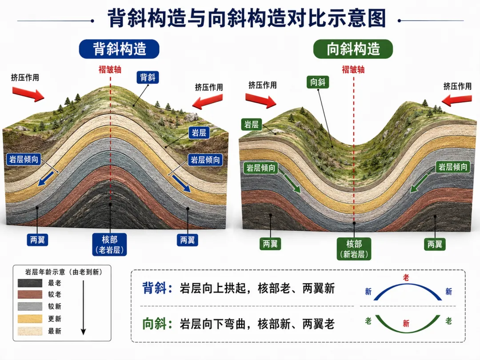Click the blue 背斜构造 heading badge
(x=119, y=49)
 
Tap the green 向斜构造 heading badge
(x=353, y=49)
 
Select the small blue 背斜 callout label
(x=148, y=77)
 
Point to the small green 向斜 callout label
(x=318, y=82)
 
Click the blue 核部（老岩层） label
(x=110, y=244)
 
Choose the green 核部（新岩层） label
(x=354, y=249)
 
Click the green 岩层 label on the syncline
(x=251, y=124)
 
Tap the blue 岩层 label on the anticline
(x=199, y=133)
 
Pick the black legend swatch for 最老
(x=30, y=283)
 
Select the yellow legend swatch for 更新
(x=30, y=319)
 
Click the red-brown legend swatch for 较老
(x=30, y=295)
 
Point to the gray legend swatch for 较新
(x=30, y=306)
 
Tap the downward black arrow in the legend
(x=83, y=308)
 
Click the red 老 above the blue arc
(x=406, y=278)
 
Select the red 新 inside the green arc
(x=406, y=323)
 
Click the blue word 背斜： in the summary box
(x=157, y=288)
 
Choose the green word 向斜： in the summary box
(x=157, y=324)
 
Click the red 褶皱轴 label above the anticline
(x=110, y=69)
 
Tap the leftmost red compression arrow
(x=28, y=94)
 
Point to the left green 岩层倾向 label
(x=261, y=168)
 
